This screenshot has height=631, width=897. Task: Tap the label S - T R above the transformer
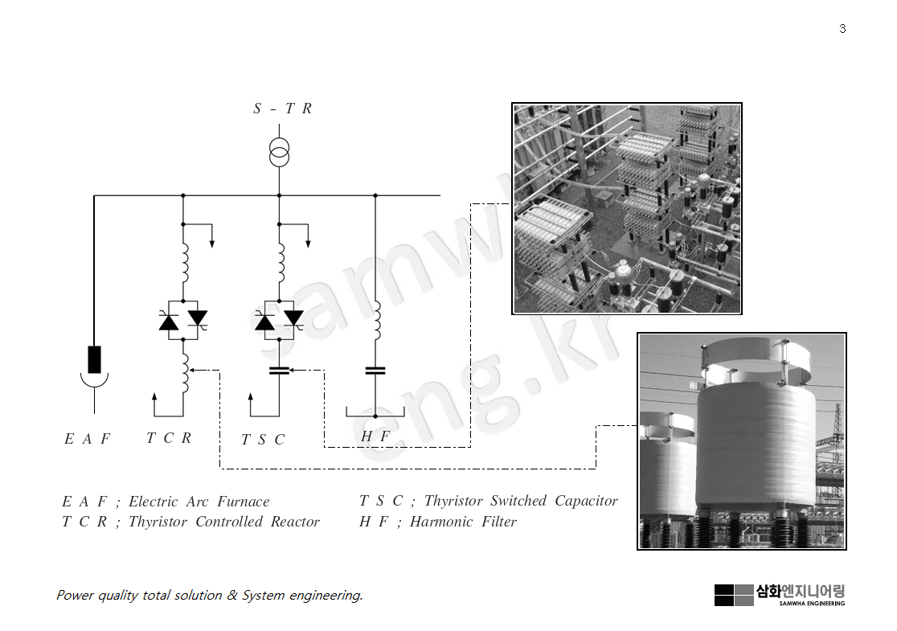pyautogui.click(x=282, y=109)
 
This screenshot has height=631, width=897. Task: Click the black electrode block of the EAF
pyautogui.click(x=95, y=359)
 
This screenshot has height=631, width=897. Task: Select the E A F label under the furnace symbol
pyautogui.click(x=87, y=439)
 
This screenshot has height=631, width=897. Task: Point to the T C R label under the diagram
pyautogui.click(x=169, y=438)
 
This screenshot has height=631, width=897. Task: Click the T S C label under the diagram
pyautogui.click(x=263, y=440)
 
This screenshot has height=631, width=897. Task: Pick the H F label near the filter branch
pyautogui.click(x=375, y=436)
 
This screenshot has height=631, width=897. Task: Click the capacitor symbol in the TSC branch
pyautogui.click(x=279, y=371)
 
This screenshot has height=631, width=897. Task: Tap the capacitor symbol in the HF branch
pyautogui.click(x=375, y=371)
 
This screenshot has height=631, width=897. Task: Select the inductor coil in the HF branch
pyautogui.click(x=375, y=319)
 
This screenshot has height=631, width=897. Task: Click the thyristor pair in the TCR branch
pyautogui.click(x=183, y=321)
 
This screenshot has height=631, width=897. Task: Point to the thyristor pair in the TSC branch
pyautogui.click(x=279, y=321)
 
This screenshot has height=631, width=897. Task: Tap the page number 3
pyautogui.click(x=842, y=29)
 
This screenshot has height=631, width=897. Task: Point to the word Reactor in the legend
pyautogui.click(x=295, y=522)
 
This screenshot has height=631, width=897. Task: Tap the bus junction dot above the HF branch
pyautogui.click(x=375, y=195)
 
